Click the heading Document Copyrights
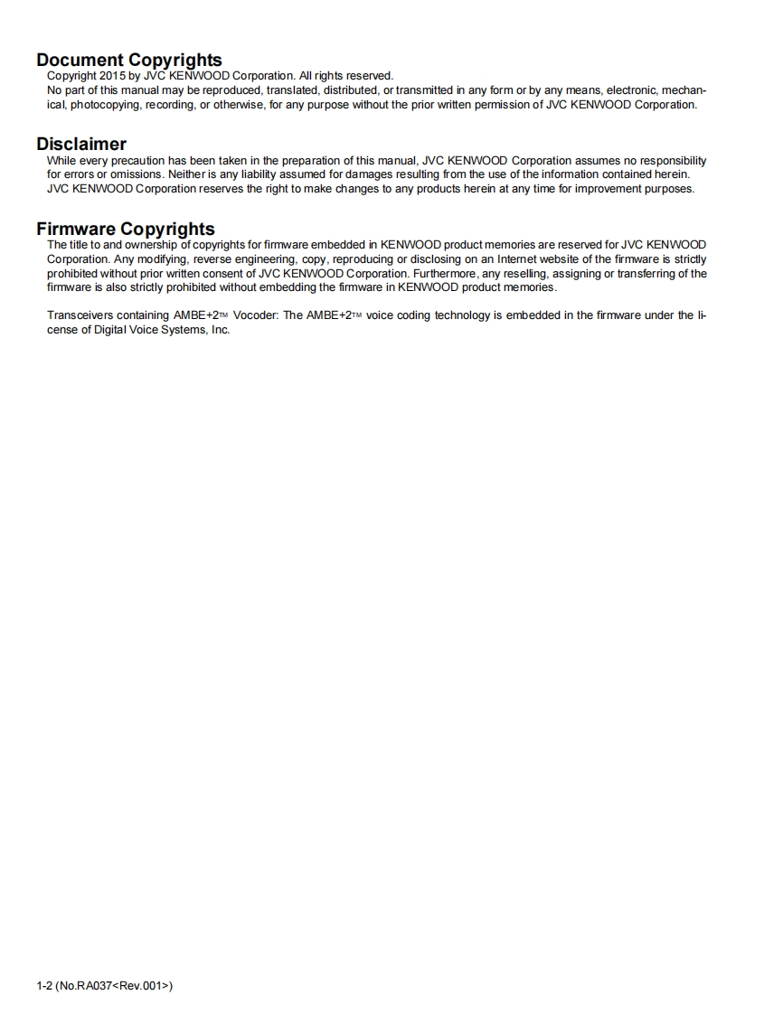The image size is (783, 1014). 128,61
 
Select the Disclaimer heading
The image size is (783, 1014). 81,144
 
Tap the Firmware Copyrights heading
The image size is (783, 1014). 126,229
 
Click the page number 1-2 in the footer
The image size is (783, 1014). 43,985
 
